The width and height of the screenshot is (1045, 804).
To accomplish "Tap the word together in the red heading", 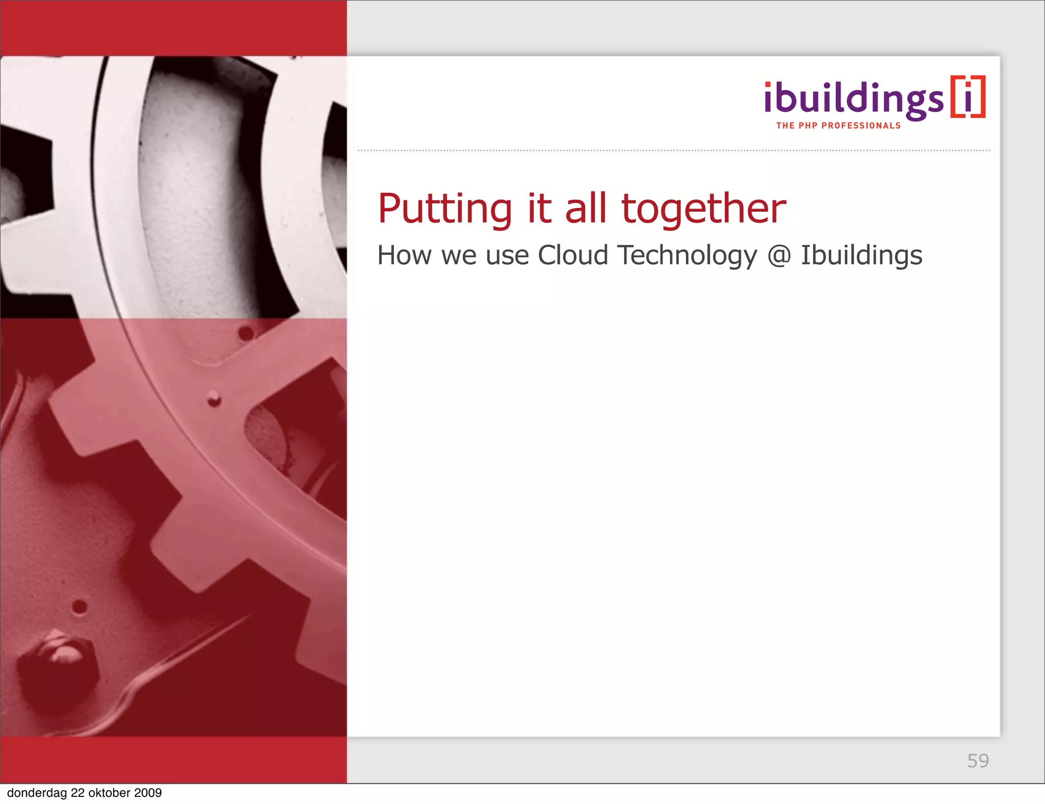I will tap(704, 209).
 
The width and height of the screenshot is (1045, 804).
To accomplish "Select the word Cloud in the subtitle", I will tap(573, 255).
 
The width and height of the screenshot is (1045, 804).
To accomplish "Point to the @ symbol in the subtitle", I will tap(779, 256).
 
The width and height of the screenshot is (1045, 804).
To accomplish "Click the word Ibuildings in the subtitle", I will tap(861, 256).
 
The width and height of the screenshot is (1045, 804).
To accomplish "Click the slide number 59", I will tap(978, 761).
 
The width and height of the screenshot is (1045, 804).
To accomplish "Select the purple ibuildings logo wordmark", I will tap(853, 99).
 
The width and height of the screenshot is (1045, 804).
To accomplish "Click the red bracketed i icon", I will tap(968, 97).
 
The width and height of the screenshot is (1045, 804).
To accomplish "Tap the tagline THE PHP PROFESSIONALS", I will tap(838, 126).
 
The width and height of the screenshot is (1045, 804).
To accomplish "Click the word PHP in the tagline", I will tap(808, 126).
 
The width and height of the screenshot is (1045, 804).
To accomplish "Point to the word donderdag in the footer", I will tap(37, 793).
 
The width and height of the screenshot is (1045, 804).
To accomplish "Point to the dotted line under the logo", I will tap(674, 151).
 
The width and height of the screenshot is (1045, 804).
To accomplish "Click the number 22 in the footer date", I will tap(78, 793).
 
